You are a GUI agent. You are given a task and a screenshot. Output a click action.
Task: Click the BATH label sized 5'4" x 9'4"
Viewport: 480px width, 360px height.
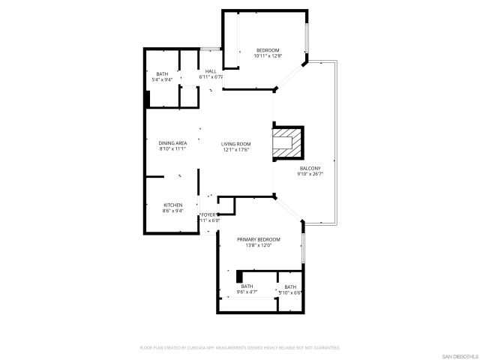pos(163,73)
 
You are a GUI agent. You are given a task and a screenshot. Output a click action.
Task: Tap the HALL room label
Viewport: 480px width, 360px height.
pos(211,71)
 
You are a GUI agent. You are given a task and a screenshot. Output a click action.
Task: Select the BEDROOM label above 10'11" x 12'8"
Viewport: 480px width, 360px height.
pos(267,50)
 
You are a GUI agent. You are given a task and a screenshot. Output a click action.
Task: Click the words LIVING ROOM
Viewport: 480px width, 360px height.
pos(235,144)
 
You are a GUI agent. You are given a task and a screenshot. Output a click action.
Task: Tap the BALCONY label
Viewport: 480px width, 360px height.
pos(310,168)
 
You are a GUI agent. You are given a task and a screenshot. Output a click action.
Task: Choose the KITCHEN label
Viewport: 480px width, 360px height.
pos(173,205)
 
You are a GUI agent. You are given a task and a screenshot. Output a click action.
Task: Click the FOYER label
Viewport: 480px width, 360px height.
pos(209,215)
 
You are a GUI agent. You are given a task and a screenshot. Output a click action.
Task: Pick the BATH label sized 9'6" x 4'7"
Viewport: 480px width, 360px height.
pos(247,286)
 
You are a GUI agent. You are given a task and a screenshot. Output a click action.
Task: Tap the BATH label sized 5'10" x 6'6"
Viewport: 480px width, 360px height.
pos(290,287)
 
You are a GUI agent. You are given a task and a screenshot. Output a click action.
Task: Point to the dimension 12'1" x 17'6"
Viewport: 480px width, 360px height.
pos(235,150)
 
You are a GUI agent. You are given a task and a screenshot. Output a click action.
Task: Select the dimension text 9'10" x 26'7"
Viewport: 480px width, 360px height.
pos(310,174)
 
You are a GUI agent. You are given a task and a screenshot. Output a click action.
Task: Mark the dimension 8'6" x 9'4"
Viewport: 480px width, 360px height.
pos(173,211)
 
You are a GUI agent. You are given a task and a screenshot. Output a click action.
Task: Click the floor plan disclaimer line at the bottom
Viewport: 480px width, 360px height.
pos(240,348)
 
